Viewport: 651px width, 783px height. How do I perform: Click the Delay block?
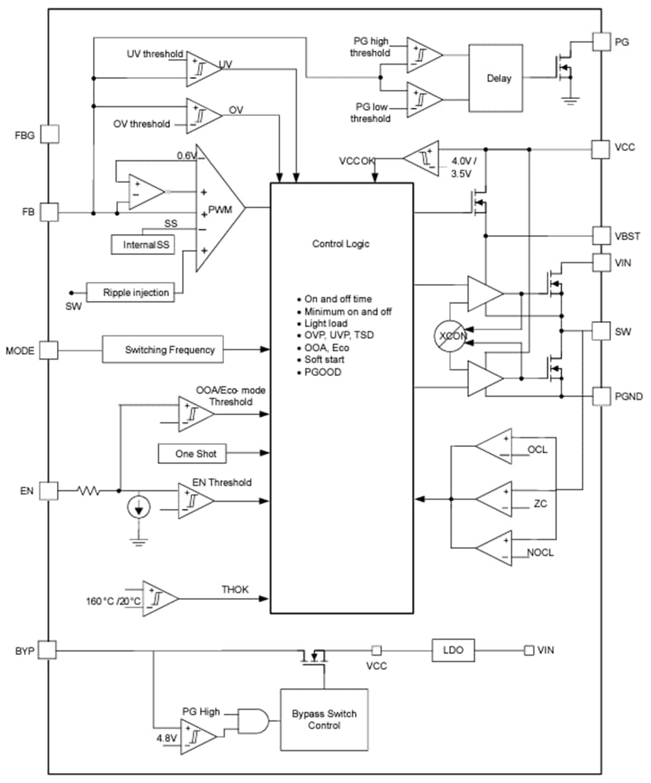point(499,78)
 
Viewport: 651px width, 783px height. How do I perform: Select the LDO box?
point(452,649)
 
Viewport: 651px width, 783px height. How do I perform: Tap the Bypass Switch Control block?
point(324,719)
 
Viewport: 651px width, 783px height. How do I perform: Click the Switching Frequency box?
point(169,350)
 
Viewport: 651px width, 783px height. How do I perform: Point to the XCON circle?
point(450,337)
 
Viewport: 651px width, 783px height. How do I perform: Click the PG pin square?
point(602,41)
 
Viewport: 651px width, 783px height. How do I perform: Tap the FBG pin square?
point(49,134)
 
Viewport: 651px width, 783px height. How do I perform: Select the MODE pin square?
point(49,350)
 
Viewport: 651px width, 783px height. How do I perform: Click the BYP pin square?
point(48,649)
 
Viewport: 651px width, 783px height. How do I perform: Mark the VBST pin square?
point(602,236)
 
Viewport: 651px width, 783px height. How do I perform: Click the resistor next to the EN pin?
point(89,490)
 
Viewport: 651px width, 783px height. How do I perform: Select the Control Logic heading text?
point(341,243)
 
